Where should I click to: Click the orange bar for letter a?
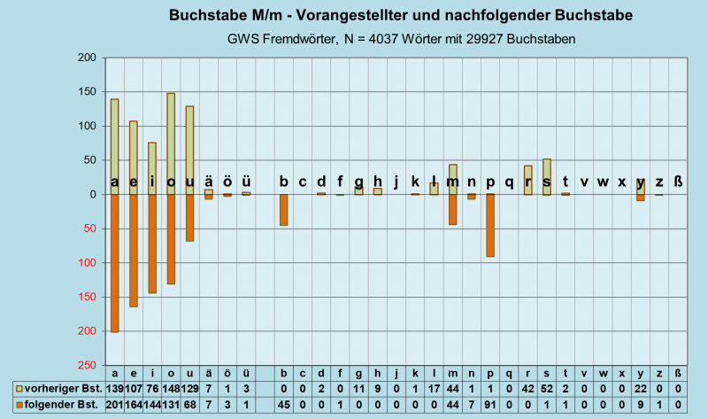pos(115,266)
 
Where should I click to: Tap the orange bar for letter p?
pos(489,226)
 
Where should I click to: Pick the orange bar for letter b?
pos(284,210)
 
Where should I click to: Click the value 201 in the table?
pos(115,404)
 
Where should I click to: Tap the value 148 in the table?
pos(171,388)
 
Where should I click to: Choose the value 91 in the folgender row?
pos(489,404)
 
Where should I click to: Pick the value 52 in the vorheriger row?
pos(547,388)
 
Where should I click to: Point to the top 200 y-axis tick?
pos(87,58)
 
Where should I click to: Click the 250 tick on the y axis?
pos(87,365)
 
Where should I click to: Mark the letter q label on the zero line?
pos(509,182)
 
